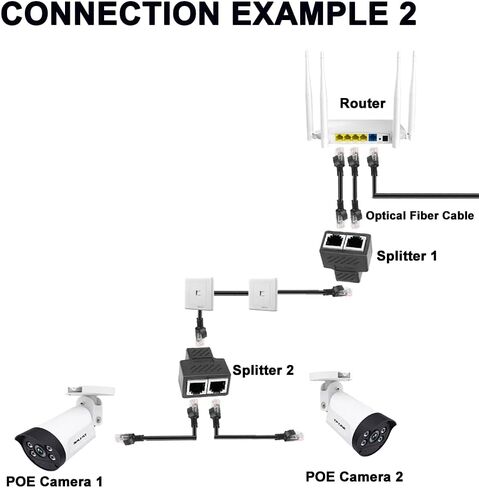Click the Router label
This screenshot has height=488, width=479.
point(362,103)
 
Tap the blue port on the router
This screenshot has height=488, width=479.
point(373,137)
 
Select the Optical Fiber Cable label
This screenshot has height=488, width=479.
point(420,216)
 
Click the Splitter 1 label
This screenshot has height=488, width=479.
point(406,256)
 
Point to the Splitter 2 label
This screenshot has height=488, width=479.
point(263,370)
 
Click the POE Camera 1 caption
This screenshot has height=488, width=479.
point(54,482)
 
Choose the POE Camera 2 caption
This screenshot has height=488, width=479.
point(354,477)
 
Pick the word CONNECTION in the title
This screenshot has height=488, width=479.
point(110,13)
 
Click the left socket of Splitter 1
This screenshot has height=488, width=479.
point(334,241)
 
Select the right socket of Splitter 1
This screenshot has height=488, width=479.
point(356,242)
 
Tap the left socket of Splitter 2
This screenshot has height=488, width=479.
point(197,387)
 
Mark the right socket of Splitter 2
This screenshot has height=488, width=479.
point(217,387)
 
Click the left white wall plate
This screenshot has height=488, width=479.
point(199,294)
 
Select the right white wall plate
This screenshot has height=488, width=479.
point(263,294)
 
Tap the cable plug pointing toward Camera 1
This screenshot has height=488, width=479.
point(126,438)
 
